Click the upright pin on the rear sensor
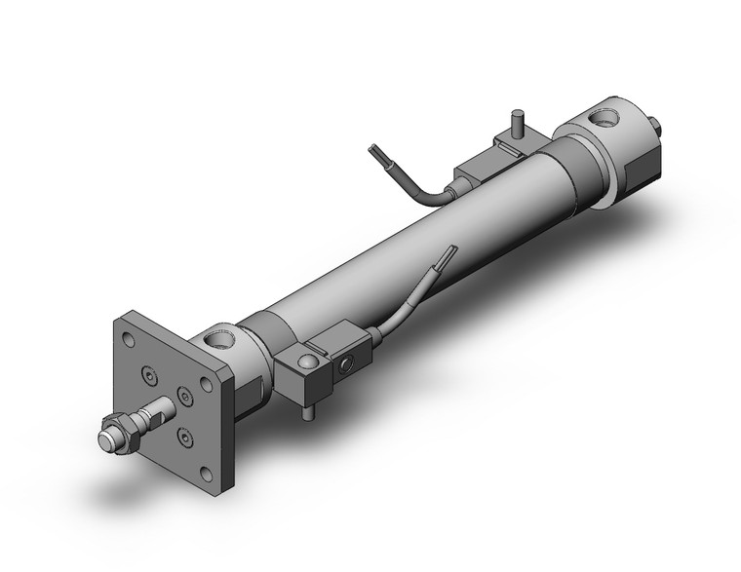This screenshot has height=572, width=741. (x=518, y=126)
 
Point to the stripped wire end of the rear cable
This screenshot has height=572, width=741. (x=375, y=153)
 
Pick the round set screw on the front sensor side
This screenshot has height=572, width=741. (x=343, y=367)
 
